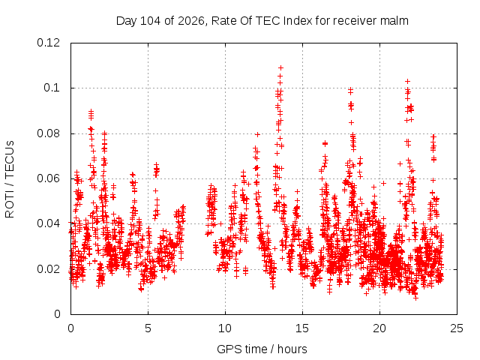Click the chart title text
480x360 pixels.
tap(262, 21)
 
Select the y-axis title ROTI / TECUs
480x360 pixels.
tap(10, 179)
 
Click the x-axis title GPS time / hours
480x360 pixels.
tap(262, 349)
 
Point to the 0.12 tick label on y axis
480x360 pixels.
tap(48, 43)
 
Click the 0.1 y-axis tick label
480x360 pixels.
tap(52, 88)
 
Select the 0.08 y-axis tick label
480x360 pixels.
tap(48, 133)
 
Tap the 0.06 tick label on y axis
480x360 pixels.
tap(48, 178)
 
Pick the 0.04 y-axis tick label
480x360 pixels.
tap(48, 223)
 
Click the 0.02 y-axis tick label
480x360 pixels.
tap(48, 269)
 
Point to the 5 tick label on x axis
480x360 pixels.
tap(148, 328)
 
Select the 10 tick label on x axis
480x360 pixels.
tap(225, 328)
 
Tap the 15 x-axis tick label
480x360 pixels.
tap(302, 328)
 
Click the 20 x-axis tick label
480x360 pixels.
tap(379, 328)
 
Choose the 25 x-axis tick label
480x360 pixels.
tap(457, 328)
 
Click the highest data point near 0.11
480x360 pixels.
tap(280, 67)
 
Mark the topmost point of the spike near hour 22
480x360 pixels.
tap(407, 82)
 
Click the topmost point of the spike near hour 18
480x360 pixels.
tap(350, 89)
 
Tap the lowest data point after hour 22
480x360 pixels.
tap(415, 298)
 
